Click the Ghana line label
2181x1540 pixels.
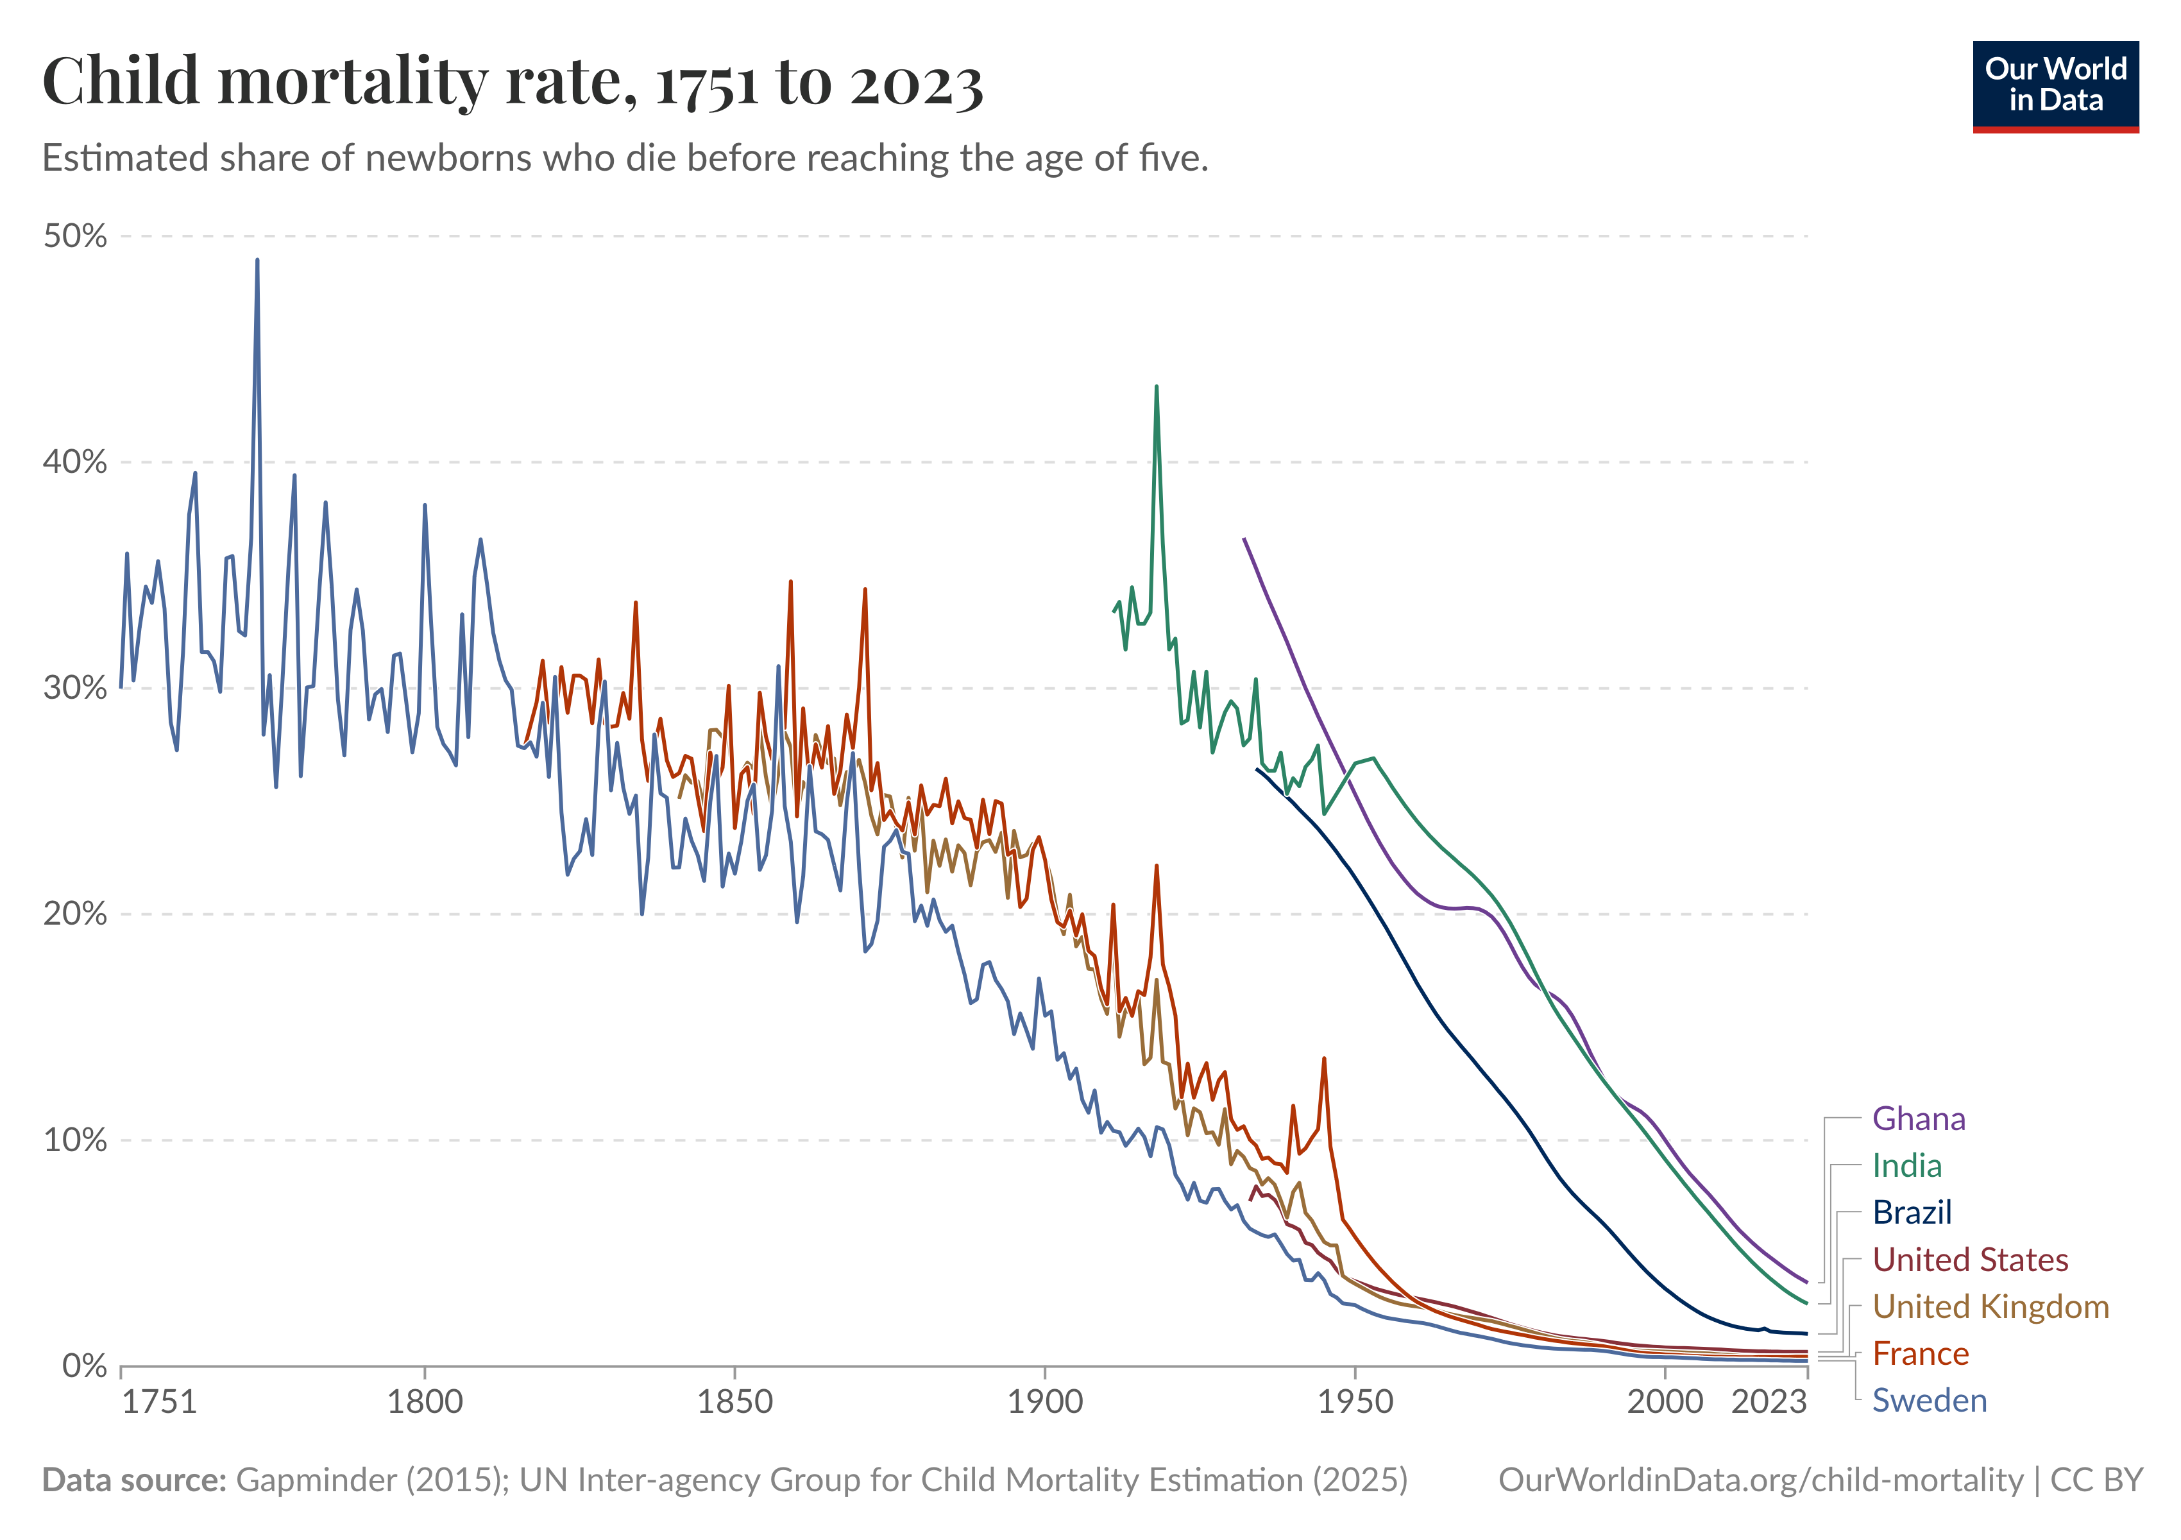[1918, 1119]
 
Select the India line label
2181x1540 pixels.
[1906, 1166]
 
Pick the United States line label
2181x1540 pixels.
[1969, 1260]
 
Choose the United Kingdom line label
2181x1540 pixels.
[1990, 1307]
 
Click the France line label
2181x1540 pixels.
[1920, 1354]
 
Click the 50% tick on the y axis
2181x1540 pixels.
[75, 235]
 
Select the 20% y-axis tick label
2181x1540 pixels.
[75, 914]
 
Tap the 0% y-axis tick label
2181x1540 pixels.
[83, 1366]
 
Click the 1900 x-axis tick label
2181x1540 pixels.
[1045, 1402]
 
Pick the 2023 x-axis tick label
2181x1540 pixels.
[1768, 1402]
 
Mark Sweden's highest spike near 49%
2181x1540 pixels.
[257, 261]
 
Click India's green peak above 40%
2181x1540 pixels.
[1156, 388]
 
